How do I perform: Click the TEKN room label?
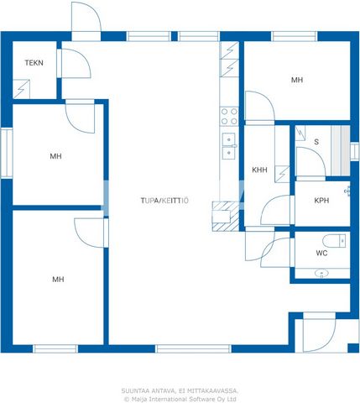point(34,63)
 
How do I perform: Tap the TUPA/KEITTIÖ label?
point(164,201)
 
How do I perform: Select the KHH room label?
point(259,170)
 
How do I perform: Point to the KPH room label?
point(321,201)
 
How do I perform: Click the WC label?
point(321,253)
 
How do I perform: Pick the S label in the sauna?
point(316,142)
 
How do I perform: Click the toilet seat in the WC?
point(334,241)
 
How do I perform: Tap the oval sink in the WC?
point(321,273)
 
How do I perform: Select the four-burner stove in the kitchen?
point(229,117)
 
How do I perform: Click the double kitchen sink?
point(229,146)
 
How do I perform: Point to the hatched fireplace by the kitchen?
point(226,216)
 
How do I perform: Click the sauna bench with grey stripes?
point(341,150)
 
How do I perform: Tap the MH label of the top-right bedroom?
point(297,80)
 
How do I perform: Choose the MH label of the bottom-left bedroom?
point(58,279)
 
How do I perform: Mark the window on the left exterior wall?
point(6,153)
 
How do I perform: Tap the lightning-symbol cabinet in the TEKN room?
point(21,89)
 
